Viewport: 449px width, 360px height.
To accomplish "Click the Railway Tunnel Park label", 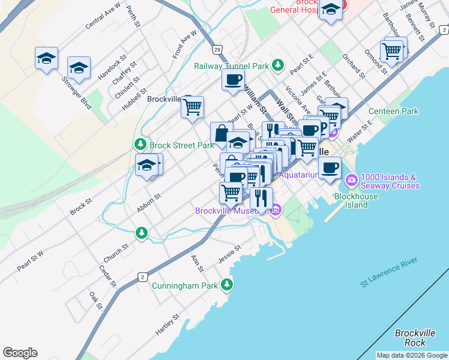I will tap(231, 66).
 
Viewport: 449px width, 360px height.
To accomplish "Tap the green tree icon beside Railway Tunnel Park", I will tap(277, 64).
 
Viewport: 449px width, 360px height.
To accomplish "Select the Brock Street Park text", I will tap(181, 145).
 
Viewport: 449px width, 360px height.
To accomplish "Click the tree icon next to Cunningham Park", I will tap(227, 285).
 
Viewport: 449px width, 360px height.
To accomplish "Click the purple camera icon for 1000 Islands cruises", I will tap(351, 179).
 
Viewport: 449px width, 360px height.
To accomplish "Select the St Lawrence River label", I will tap(388, 273).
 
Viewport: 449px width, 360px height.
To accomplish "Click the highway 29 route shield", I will tap(217, 49).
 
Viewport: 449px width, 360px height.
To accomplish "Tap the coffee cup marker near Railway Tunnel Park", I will tap(233, 80).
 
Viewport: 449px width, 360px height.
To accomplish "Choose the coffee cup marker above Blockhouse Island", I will tap(329, 168).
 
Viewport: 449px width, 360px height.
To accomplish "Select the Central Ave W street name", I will tap(103, 16).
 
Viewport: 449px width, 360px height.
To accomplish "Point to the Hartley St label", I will tap(167, 325).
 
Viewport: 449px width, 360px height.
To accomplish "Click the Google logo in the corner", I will tap(20, 353).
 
